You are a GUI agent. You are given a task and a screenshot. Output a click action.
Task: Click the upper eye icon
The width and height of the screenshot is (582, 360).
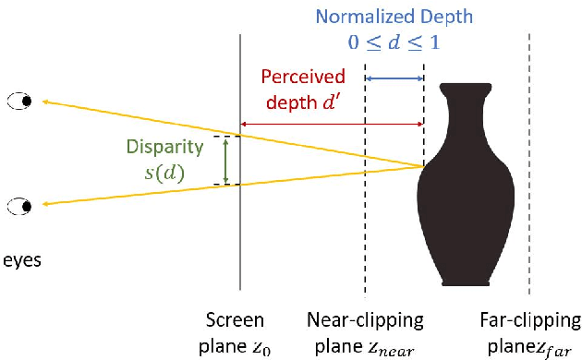tap(19, 100)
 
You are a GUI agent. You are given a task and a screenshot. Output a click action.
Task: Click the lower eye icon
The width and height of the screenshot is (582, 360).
tap(19, 205)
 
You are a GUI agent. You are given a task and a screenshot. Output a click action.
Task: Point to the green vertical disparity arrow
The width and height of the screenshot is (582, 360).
tap(225, 161)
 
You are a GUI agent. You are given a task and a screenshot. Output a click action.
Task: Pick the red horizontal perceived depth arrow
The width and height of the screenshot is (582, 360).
tap(332, 124)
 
